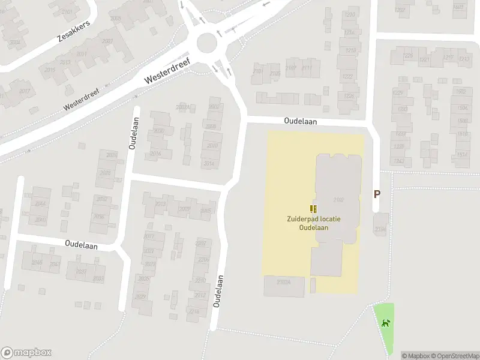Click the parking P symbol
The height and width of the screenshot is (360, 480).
pos(377,194)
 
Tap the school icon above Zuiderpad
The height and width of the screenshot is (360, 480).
pos(313,209)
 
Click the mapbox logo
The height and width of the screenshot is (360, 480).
pos(26,353)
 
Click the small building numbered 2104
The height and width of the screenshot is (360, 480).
pos(380,229)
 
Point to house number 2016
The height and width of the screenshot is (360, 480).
pos(155,154)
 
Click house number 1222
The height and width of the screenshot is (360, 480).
pos(348,77)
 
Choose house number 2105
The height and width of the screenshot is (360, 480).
pos(275,73)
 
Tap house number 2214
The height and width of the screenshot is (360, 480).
pos(194,311)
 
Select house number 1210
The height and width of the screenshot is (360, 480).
pos(350,14)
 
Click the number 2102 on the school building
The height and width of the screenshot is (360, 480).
pos(338,200)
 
